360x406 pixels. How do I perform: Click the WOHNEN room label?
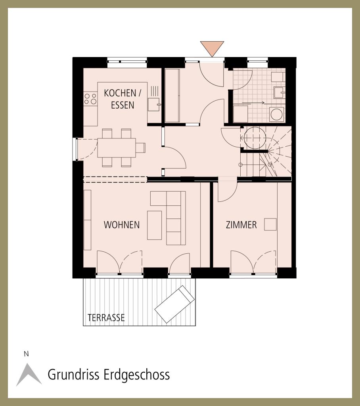click(122, 225)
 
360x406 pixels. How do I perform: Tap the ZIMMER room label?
click(241, 225)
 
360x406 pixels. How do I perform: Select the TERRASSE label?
click(106, 318)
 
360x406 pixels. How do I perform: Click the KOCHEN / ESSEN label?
click(123, 99)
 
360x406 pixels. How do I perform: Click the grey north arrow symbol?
click(29, 374)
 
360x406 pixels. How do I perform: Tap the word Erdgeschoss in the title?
click(136, 375)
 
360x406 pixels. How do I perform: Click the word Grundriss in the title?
click(74, 375)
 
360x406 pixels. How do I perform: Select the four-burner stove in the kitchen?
click(90, 99)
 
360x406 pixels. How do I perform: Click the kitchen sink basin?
click(154, 105)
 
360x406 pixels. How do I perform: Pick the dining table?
click(117, 148)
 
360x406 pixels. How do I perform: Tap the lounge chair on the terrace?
click(174, 304)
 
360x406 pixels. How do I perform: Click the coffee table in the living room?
click(154, 225)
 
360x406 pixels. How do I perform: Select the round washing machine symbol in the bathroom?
click(277, 115)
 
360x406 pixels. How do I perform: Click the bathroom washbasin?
click(280, 92)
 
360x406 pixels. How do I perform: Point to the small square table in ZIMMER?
click(270, 224)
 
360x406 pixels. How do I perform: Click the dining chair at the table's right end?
click(141, 148)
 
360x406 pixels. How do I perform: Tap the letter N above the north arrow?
click(26, 354)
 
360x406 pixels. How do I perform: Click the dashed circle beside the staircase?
click(255, 138)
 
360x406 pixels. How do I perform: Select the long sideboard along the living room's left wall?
click(87, 220)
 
